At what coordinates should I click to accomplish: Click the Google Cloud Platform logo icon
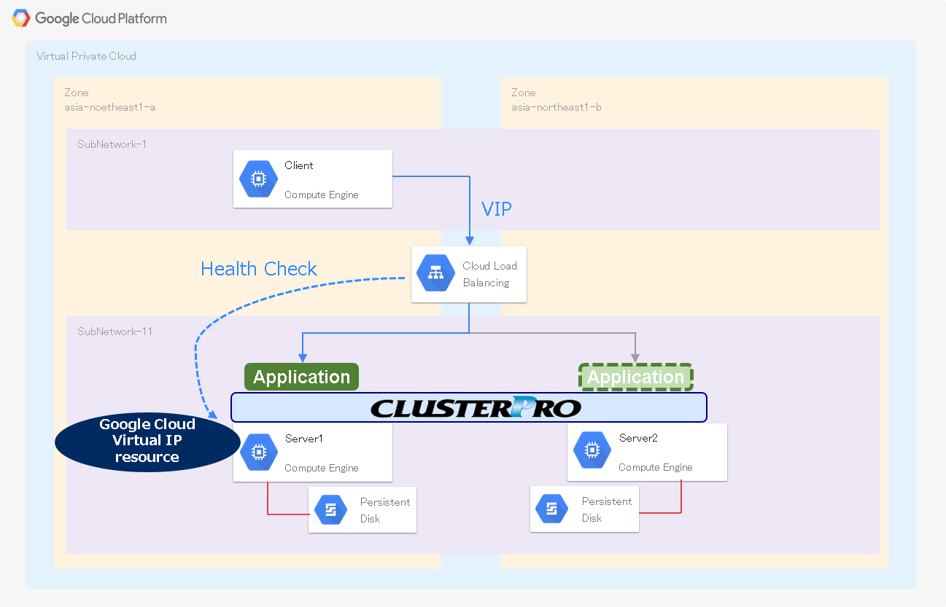click(x=21, y=18)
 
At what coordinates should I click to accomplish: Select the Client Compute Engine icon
click(x=257, y=179)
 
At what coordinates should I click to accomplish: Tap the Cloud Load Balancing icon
click(x=435, y=273)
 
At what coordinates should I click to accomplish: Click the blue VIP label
click(x=497, y=209)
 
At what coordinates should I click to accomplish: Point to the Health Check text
click(x=259, y=269)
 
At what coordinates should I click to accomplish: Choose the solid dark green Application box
click(x=301, y=377)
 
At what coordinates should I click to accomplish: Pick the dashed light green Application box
click(x=635, y=377)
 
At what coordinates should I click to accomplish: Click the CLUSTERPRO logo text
click(x=476, y=407)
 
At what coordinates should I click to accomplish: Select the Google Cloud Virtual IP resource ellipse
click(x=147, y=441)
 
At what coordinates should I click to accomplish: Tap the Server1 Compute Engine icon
click(x=257, y=452)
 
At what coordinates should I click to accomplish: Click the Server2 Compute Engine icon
click(x=592, y=451)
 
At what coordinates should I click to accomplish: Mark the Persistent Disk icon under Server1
click(x=330, y=510)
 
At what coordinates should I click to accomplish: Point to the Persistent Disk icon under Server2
click(x=552, y=509)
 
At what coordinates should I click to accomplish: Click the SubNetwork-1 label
click(x=112, y=144)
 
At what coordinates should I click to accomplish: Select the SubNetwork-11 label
click(x=115, y=332)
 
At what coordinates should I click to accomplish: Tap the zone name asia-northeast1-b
click(x=556, y=107)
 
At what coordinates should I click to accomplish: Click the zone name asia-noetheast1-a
click(x=109, y=107)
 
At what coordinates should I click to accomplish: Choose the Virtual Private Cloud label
click(x=86, y=56)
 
